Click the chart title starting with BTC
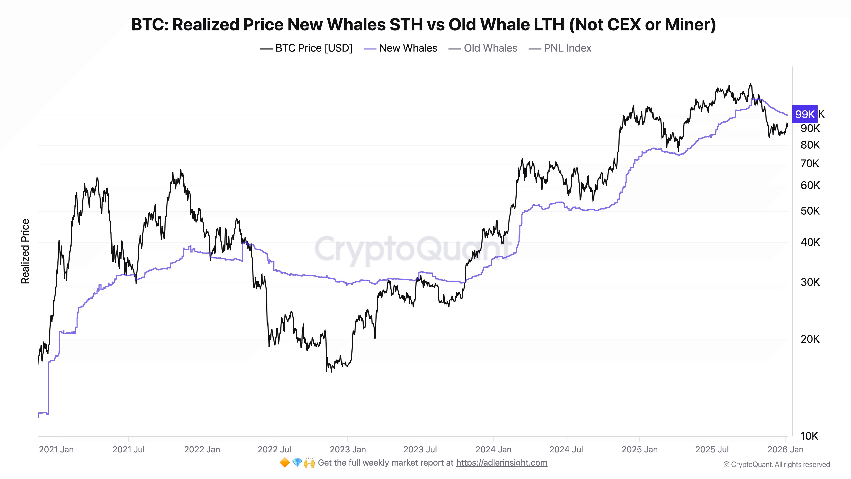click(x=423, y=24)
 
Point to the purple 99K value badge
click(x=804, y=114)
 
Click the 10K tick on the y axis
click(x=809, y=436)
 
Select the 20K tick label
click(x=810, y=339)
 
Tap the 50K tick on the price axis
click(x=810, y=211)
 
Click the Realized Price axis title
click(x=25, y=251)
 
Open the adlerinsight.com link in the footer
click(x=501, y=463)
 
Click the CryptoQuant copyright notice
click(x=776, y=465)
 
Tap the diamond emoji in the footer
click(x=297, y=463)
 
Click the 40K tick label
click(x=810, y=242)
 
